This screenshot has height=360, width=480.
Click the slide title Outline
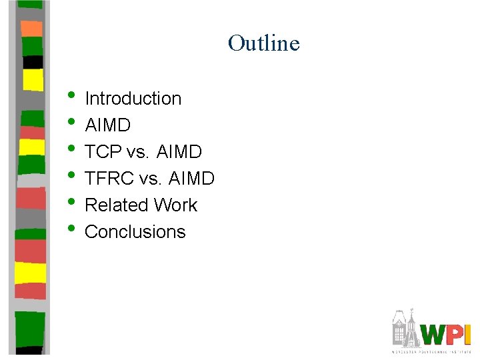point(263,43)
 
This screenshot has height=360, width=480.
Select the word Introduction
point(133,99)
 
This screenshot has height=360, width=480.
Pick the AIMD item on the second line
point(108,125)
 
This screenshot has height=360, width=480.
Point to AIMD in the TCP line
point(179,152)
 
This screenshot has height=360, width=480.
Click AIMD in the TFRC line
point(191,179)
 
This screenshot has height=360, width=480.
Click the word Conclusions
point(135,232)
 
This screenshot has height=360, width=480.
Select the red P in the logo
point(455,334)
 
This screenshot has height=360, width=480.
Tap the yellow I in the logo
point(467,334)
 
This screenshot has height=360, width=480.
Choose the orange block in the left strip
point(31,28)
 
